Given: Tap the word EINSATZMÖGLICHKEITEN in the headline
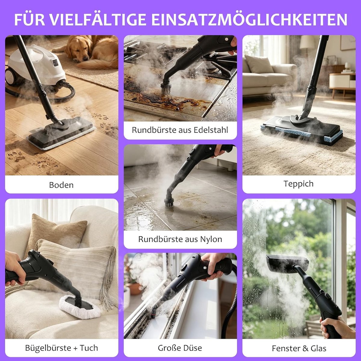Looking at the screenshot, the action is click(249, 19).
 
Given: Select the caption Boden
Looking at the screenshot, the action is click(61, 185).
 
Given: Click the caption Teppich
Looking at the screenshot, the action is click(299, 184).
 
